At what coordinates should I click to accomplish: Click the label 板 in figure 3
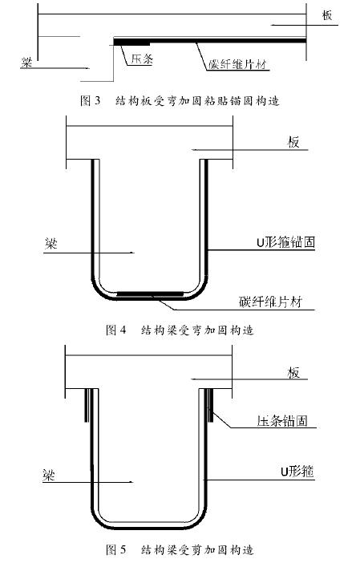coord(327,15)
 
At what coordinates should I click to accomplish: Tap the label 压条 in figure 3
coord(142,59)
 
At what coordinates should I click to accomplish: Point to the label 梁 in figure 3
coord(26,63)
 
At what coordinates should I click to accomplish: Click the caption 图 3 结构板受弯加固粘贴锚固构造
coord(180,101)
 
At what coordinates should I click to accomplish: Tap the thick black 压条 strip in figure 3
coord(131,42)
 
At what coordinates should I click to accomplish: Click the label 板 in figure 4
coord(293,142)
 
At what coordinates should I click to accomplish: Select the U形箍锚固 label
coord(285,242)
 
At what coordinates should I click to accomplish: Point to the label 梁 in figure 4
coord(51,244)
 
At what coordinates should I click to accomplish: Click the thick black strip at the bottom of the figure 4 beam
coord(150,294)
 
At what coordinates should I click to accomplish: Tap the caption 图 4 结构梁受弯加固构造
coord(180,330)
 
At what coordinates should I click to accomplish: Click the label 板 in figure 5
coord(293,373)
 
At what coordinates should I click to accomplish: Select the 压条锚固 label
coord(282,420)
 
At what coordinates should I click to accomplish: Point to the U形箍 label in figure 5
coord(297,471)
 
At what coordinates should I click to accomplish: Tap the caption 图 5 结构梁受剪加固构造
coord(180,549)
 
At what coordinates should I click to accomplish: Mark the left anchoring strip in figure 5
coord(86,405)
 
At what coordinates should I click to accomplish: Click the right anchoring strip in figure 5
coord(211,405)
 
